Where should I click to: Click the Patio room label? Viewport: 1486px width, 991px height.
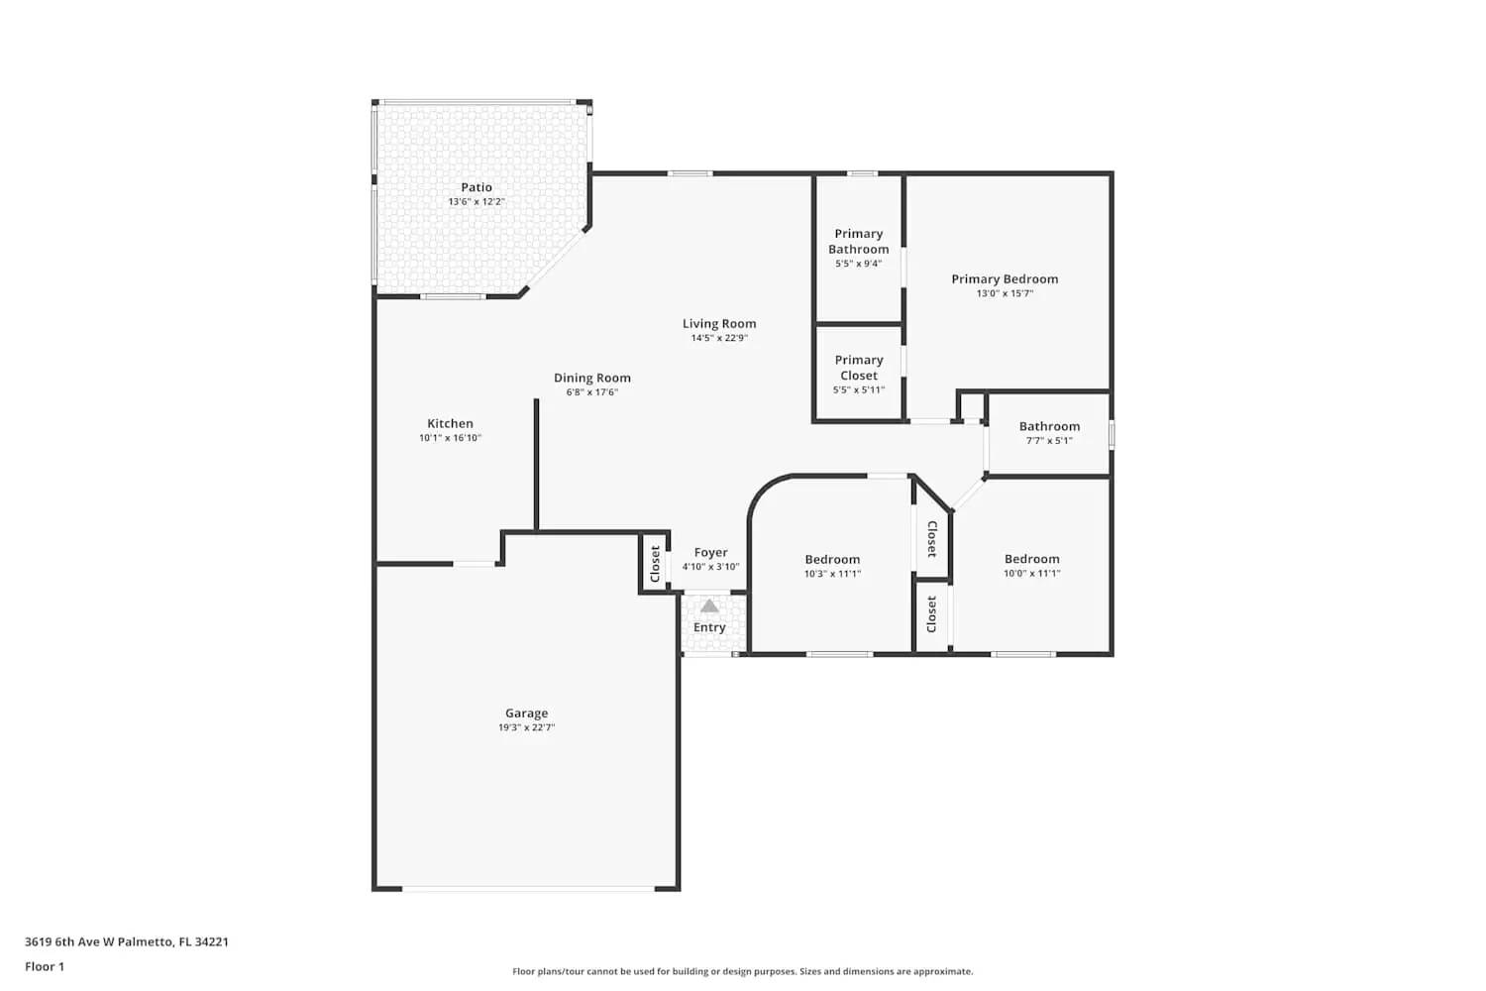pos(477,187)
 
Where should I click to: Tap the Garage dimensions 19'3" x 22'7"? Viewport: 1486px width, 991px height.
pos(526,727)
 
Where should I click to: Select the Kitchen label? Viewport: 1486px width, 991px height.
pos(450,423)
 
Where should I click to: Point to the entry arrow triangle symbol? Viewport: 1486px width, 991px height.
pos(709,606)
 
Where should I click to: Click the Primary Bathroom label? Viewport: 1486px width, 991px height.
pos(858,241)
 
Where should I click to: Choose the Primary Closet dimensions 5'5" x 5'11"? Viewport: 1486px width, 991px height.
pos(858,390)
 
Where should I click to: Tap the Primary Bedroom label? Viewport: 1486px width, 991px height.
pos(1005,278)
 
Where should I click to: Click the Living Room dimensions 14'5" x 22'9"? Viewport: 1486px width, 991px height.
pos(719,338)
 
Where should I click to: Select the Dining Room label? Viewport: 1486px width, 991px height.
pos(591,378)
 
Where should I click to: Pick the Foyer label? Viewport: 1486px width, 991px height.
pos(710,552)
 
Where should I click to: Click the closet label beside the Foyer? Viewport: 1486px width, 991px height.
pos(655,564)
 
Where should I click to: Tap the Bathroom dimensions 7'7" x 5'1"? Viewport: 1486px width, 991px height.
pos(1049,441)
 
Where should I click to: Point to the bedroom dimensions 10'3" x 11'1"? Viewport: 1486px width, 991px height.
pos(832,574)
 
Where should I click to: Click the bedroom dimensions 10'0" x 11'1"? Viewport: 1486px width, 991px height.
pos(1031,574)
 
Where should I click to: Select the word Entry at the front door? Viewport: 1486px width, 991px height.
pos(709,627)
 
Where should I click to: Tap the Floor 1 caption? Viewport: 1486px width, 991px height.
pos(45,966)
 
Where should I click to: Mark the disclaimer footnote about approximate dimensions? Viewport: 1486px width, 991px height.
pos(742,971)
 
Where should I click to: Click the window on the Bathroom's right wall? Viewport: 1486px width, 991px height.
pos(1112,434)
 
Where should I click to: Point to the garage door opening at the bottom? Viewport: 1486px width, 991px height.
pos(527,888)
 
